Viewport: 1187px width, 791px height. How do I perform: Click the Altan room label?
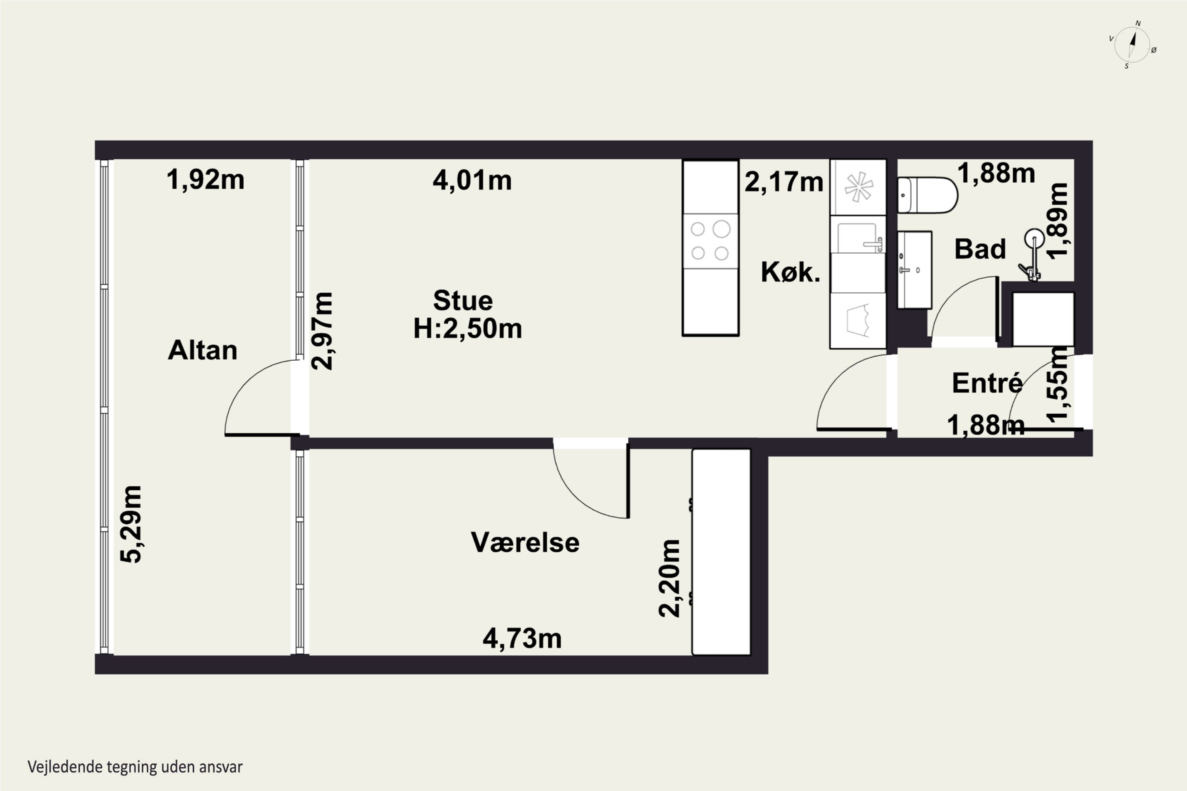click(202, 350)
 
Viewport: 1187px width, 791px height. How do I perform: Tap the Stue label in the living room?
click(463, 301)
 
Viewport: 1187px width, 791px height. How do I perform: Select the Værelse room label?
click(525, 542)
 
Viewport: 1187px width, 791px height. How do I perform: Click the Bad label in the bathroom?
click(980, 249)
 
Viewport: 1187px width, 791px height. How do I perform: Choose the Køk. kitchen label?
click(790, 272)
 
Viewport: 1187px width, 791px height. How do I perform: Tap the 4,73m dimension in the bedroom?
click(522, 639)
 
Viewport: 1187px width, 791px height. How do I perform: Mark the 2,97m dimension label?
click(322, 331)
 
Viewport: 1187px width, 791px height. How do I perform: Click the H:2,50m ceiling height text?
click(467, 328)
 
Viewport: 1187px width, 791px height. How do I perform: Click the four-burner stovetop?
click(710, 240)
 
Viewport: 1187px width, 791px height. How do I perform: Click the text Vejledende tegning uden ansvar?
click(135, 767)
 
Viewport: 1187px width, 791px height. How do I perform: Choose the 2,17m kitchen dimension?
click(784, 182)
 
